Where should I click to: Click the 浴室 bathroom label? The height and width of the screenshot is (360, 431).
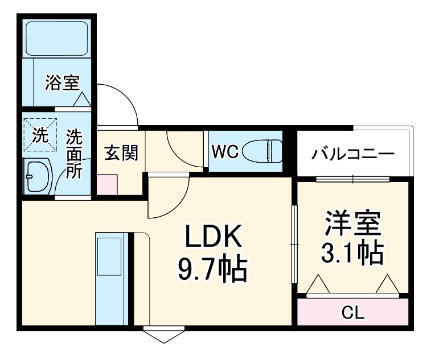(x=61, y=84)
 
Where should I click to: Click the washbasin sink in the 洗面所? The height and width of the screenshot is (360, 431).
(x=38, y=176)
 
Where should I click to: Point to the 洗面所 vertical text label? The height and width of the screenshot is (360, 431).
(x=73, y=154)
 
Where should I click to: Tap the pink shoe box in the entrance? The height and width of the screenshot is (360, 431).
(x=106, y=184)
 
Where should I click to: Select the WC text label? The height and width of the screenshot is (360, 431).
(x=224, y=152)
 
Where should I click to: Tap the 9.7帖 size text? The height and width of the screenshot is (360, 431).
(x=212, y=269)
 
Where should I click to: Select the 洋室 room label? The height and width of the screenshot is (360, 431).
(x=352, y=224)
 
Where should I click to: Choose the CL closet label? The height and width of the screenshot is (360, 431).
(x=353, y=312)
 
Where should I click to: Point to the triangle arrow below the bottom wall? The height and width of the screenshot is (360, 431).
(x=165, y=336)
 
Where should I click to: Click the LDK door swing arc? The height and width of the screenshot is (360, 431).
(x=168, y=199)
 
